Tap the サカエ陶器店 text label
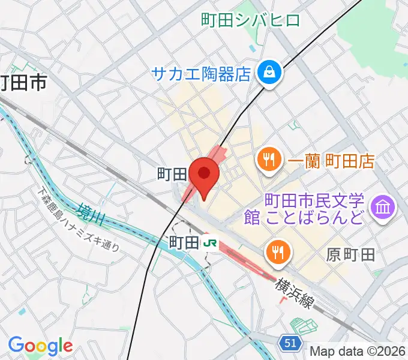[x=200, y=74]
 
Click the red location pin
[x=205, y=175]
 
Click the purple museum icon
[x=384, y=208]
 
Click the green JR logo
[x=209, y=242]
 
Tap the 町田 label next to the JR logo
[x=183, y=242]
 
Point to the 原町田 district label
[x=351, y=254]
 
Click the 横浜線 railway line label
[x=294, y=293]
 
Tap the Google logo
[x=40, y=345]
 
